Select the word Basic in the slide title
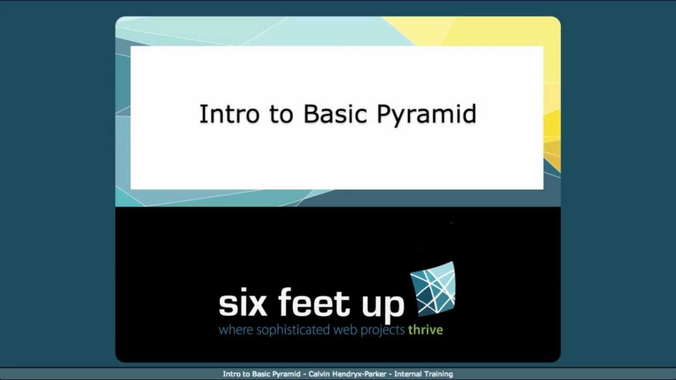tap(335, 115)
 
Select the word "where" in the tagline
tap(236, 331)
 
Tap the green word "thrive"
tap(425, 331)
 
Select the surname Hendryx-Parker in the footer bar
tap(360, 374)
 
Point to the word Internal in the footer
tap(407, 374)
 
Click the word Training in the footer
tap(438, 374)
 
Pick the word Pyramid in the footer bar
tap(286, 374)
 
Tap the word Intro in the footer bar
tap(231, 374)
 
